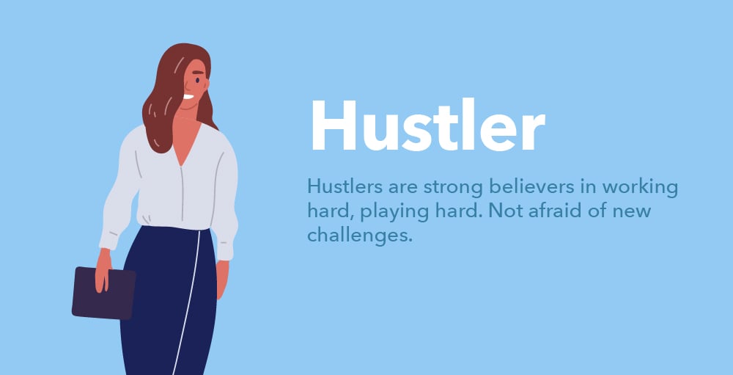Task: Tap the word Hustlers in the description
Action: (x=345, y=187)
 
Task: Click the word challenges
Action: (x=360, y=235)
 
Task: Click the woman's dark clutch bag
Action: (x=104, y=294)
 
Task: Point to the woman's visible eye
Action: (x=198, y=81)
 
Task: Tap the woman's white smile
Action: (x=188, y=97)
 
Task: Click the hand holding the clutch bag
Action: (x=103, y=271)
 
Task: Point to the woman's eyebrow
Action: (x=199, y=73)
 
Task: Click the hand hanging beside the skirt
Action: (x=222, y=280)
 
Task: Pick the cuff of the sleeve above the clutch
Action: (x=108, y=241)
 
